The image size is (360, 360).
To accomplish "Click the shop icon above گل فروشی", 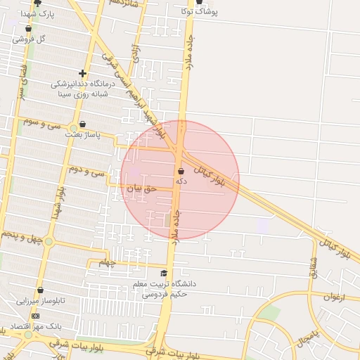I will click(28, 29).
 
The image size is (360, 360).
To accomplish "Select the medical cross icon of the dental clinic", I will click(83, 73).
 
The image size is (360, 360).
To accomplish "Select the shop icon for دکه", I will click(181, 171).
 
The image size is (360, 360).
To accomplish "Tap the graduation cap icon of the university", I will click(164, 274).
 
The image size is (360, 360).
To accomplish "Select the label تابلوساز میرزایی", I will click(41, 301).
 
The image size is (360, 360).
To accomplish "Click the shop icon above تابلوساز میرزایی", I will click(40, 290).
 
